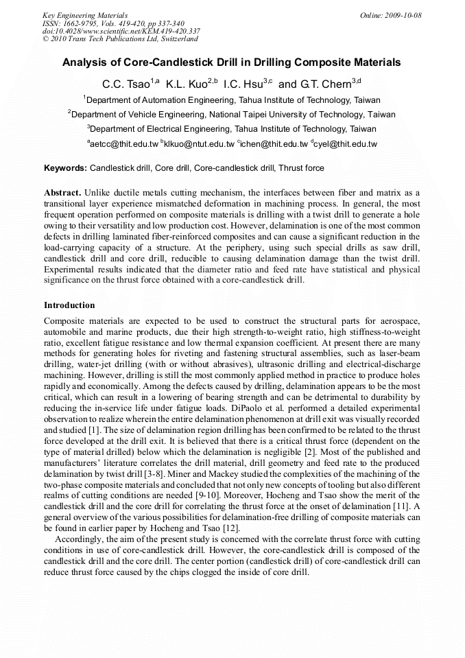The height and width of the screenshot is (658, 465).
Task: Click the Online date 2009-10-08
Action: (402, 15)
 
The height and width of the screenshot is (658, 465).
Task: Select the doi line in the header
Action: (121, 31)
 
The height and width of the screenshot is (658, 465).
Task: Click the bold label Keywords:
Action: (66, 168)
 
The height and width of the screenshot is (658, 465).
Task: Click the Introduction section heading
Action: (69, 305)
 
